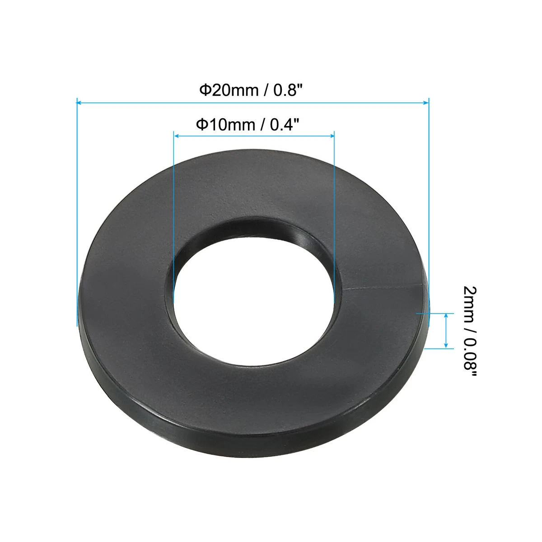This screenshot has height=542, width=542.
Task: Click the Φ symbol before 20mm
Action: point(205,90)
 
